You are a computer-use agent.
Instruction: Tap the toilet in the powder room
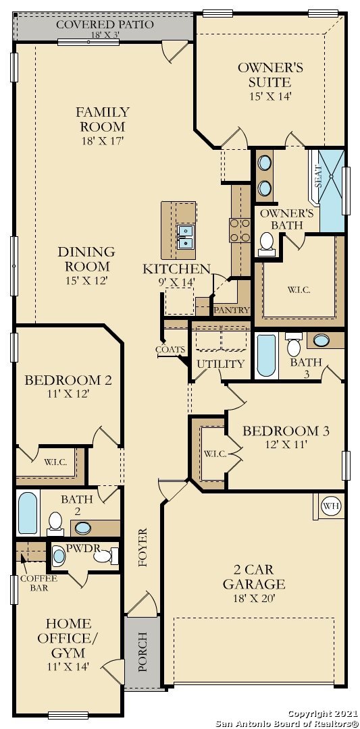click(x=106, y=556)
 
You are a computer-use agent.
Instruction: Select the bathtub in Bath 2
click(x=28, y=513)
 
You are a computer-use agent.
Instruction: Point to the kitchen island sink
click(x=185, y=236)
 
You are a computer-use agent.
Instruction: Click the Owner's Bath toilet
click(x=267, y=244)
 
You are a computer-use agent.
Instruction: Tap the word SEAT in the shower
click(x=319, y=177)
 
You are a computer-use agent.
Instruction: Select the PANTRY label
click(x=232, y=310)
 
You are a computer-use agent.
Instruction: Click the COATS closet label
click(x=171, y=350)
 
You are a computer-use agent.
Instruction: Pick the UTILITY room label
click(x=220, y=364)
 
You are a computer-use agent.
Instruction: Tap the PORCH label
click(x=143, y=651)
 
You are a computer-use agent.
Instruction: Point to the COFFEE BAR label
click(x=38, y=583)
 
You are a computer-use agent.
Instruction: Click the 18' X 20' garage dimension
click(x=254, y=598)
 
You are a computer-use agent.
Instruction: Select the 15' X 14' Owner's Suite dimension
click(x=270, y=97)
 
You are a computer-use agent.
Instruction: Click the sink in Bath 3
click(x=322, y=340)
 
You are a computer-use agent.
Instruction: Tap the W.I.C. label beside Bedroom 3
click(x=214, y=454)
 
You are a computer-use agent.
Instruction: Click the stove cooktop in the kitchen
click(x=240, y=230)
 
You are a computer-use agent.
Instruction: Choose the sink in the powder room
click(x=59, y=556)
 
